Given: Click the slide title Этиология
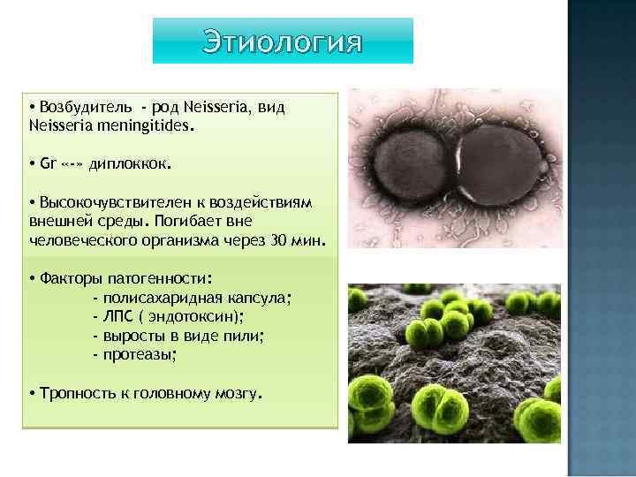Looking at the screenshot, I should pos(283,42).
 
